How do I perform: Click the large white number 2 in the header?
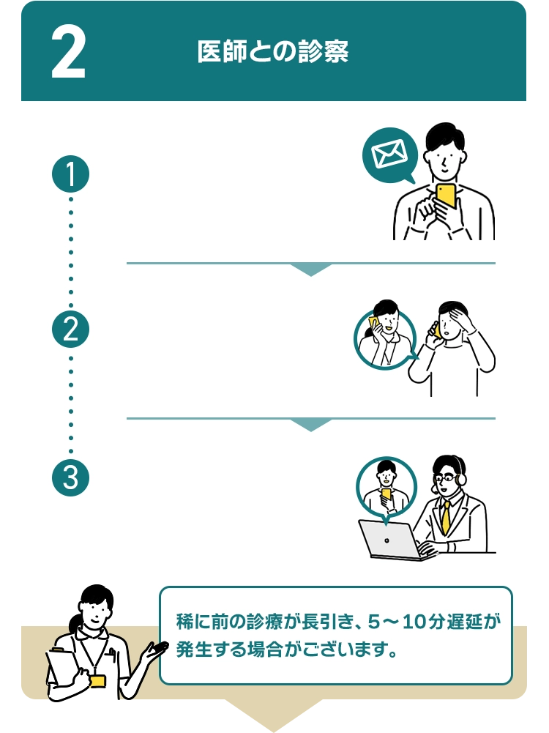pyautogui.click(x=69, y=53)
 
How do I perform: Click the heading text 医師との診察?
pyautogui.click(x=272, y=52)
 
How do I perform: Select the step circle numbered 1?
pyautogui.click(x=71, y=174)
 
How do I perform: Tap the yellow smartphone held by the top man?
pyautogui.click(x=446, y=196)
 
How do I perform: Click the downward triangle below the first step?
pyautogui.click(x=311, y=269)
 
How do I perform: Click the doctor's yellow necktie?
pyautogui.click(x=445, y=517)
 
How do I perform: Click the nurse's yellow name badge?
pyautogui.click(x=97, y=680)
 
